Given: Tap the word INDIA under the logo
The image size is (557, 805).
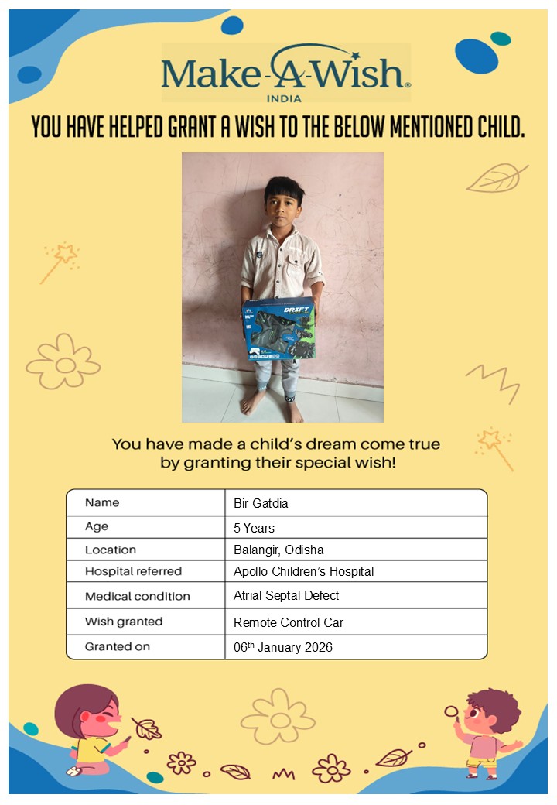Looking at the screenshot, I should [283, 98].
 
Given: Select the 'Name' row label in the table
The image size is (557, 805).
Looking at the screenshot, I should [102, 502].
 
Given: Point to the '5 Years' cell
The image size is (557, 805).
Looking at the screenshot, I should [254, 528].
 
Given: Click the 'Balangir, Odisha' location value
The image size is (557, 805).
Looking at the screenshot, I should [278, 550].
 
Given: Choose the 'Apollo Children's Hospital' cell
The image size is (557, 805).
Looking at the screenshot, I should [303, 572].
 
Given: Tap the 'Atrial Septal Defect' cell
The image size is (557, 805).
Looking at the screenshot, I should [286, 596].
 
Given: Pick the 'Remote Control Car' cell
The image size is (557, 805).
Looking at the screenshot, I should [288, 622].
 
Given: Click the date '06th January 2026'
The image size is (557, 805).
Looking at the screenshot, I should [282, 647].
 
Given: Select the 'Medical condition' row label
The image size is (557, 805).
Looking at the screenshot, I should [137, 596].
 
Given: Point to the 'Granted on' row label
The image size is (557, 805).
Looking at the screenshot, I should [118, 646].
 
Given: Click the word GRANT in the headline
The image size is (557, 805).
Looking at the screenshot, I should [193, 127].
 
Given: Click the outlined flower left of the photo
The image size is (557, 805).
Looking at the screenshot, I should [63, 361].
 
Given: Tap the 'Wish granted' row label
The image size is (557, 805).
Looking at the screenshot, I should [124, 622].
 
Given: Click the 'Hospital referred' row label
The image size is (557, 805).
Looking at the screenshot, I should [133, 571].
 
